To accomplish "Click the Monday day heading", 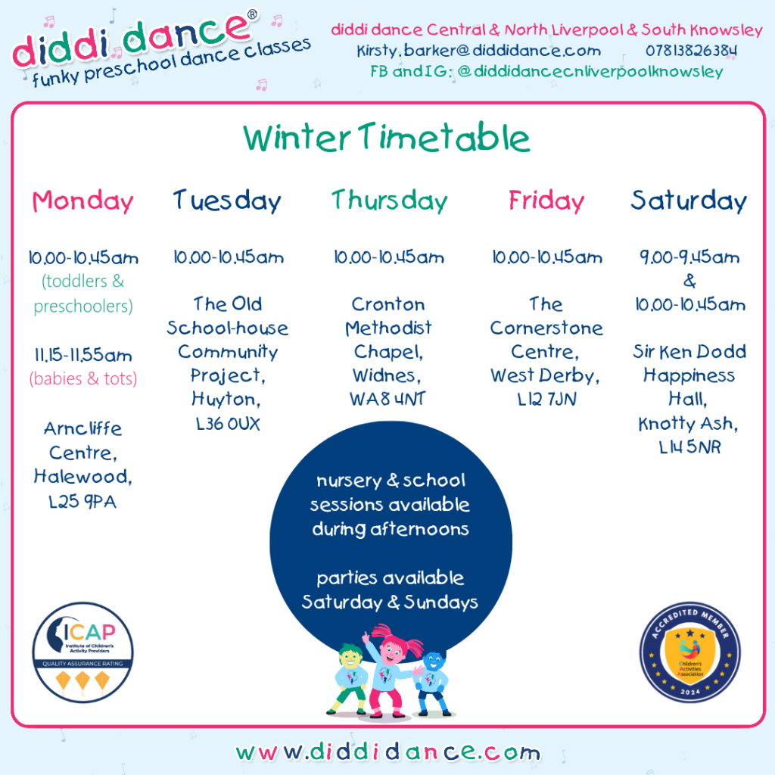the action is click(x=83, y=201).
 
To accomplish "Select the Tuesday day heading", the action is click(x=227, y=201).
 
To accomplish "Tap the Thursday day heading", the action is click(x=390, y=201).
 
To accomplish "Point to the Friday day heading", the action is click(x=546, y=201).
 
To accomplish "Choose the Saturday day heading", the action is click(x=689, y=201).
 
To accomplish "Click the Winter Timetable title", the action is click(x=387, y=138).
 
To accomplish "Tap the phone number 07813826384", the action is click(x=691, y=51).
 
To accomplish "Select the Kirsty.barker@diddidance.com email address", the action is click(x=478, y=51).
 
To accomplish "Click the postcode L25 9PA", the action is click(x=82, y=502).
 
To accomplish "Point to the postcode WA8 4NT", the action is click(x=387, y=399).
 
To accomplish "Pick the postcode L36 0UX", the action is click(x=228, y=424).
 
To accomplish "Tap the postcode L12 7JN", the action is click(x=546, y=399).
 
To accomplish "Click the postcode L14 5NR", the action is click(x=689, y=447).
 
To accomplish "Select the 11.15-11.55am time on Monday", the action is click(x=83, y=355).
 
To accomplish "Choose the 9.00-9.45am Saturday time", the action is click(x=689, y=257).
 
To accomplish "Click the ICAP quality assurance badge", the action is click(x=83, y=652).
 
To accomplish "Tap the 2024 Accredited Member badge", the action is click(x=690, y=652).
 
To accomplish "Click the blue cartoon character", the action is click(x=432, y=683).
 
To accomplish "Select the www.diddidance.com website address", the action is click(x=388, y=752).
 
